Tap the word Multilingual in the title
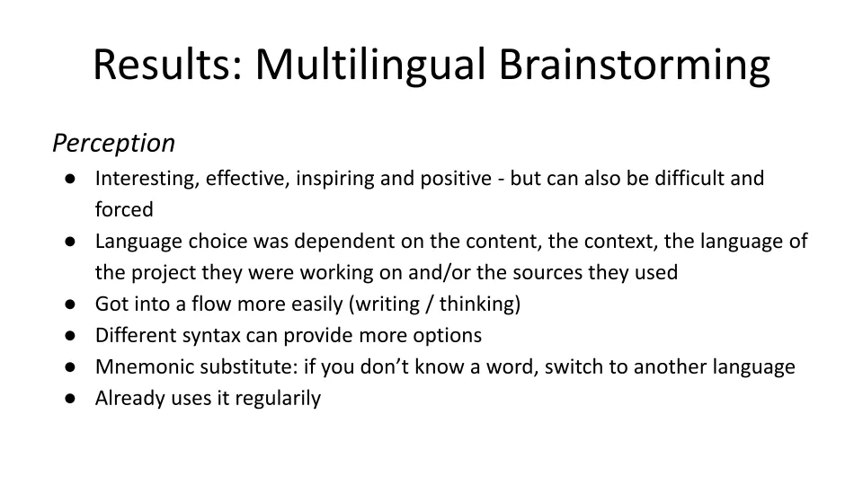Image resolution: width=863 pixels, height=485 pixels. pos(369,66)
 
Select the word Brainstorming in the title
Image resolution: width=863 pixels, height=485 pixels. pos(634,66)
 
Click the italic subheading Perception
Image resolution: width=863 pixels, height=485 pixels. pos(114,143)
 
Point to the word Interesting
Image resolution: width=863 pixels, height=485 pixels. pos(147,179)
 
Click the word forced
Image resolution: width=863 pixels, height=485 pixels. pos(124,209)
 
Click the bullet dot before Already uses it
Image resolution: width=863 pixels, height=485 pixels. pos(70,398)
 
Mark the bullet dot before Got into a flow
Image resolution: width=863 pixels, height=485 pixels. pos(70,304)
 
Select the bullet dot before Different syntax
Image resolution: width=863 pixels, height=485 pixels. pos(70,335)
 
